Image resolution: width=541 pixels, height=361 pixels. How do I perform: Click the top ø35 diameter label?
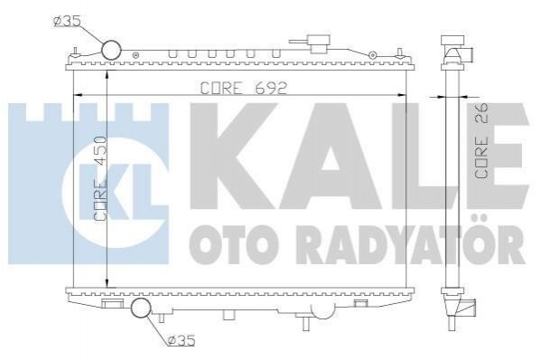67,21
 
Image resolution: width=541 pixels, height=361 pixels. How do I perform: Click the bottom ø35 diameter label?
182,340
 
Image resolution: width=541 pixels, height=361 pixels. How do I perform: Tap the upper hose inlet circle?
111,50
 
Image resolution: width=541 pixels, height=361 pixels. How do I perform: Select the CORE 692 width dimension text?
244,88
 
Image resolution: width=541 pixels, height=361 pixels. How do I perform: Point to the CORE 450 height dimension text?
100,179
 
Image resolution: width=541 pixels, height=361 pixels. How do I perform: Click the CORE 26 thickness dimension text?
482,141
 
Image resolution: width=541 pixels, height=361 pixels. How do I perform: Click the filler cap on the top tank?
320,43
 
